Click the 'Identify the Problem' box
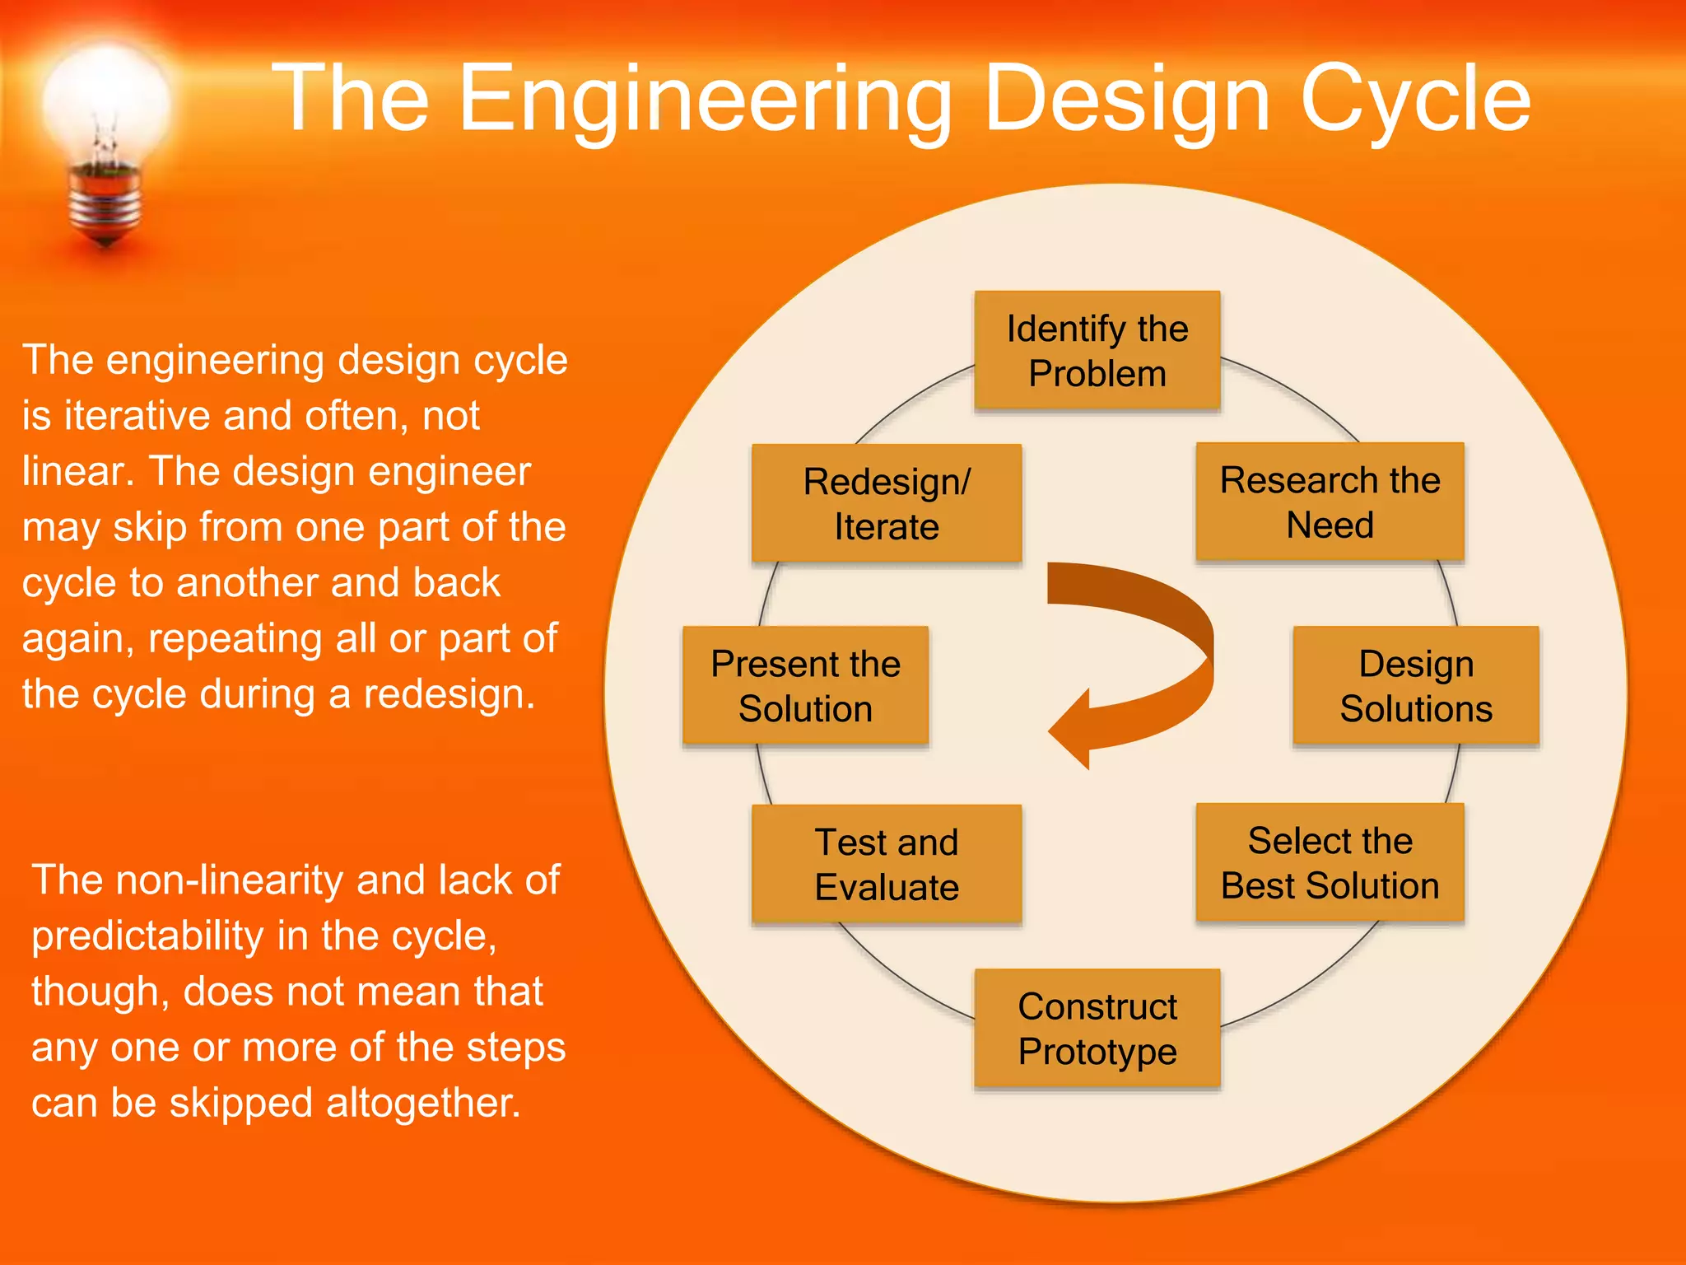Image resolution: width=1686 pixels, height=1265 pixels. (x=1097, y=351)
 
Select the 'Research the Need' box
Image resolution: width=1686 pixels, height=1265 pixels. (x=1330, y=502)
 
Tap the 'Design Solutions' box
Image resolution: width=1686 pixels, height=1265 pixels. (x=1415, y=686)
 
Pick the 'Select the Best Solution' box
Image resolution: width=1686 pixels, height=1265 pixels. (x=1330, y=863)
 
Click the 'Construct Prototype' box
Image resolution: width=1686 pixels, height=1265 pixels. (x=1097, y=1029)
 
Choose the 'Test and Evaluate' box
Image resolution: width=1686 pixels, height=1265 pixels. (x=887, y=865)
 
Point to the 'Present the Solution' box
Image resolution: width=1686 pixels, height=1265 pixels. (x=805, y=686)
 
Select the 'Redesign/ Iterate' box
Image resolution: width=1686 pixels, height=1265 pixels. (x=887, y=504)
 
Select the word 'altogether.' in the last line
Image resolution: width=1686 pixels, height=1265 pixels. (x=423, y=1103)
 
